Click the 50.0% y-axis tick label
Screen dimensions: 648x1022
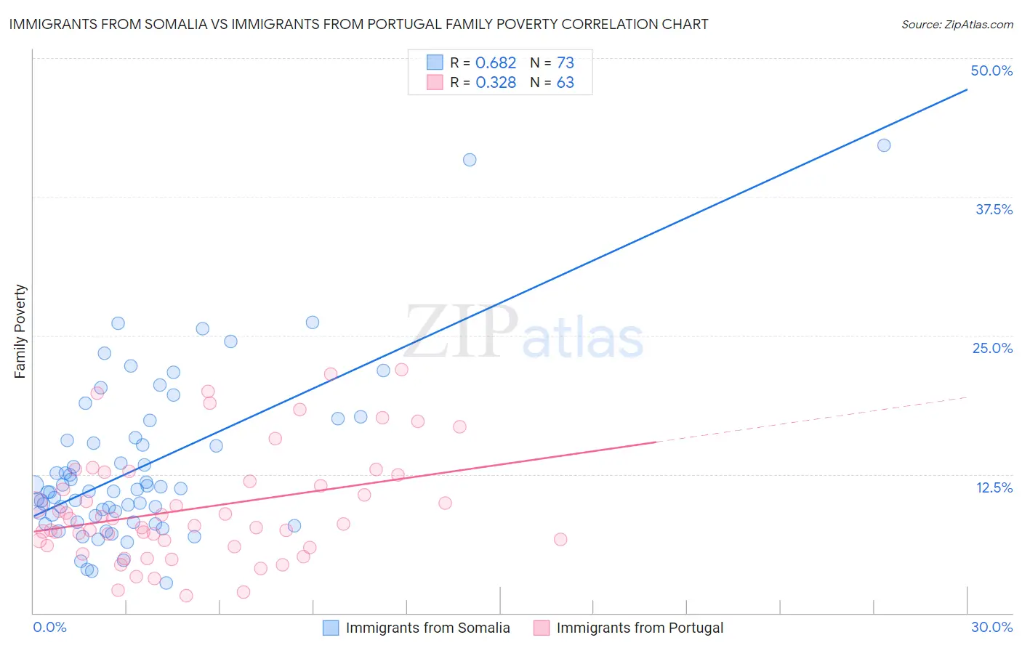pos(991,70)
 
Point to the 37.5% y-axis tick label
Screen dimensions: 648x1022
pos(994,209)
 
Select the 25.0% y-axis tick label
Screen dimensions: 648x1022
pos(992,348)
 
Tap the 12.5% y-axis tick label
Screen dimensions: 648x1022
pos(994,487)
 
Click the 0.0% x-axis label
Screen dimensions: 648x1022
pos(49,627)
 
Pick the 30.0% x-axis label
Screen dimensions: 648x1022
pos(991,627)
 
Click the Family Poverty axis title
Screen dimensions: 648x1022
pos(20,331)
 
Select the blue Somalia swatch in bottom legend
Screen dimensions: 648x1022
pos(331,628)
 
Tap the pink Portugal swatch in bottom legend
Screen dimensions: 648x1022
pos(542,628)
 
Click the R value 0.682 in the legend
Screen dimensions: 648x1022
pos(496,63)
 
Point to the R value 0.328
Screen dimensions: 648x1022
pos(496,83)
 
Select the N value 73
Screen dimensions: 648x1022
pos(566,63)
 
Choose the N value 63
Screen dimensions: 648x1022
pos(566,83)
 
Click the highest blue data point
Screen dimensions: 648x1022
pos(884,145)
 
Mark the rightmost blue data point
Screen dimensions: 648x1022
pos(884,145)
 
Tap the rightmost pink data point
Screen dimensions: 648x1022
pos(560,539)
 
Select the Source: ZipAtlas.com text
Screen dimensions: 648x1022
pos(957,24)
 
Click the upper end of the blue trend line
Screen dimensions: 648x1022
pos(967,89)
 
